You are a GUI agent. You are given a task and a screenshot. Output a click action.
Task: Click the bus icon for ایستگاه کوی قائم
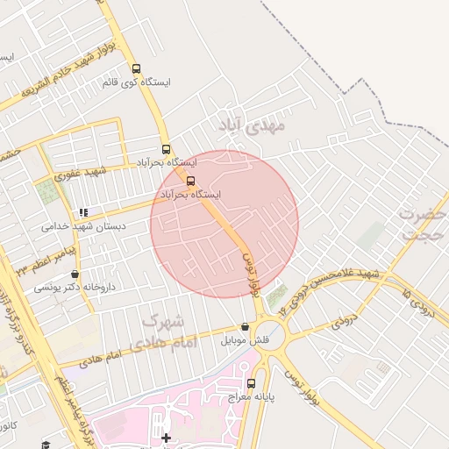pos(136,68)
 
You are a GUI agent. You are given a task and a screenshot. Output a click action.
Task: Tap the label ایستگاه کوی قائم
pos(136,82)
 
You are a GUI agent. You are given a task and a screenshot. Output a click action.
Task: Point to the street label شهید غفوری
pos(79,173)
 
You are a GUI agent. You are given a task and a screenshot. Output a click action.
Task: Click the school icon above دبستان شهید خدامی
pos(83,212)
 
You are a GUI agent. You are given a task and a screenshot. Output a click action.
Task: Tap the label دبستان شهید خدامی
pos(83,226)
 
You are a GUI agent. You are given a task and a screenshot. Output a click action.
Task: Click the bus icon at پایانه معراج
pos(252,383)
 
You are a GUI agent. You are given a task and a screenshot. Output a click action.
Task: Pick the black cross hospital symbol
pos(166,437)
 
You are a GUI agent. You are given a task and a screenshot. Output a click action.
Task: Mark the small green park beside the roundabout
pos(277,296)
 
